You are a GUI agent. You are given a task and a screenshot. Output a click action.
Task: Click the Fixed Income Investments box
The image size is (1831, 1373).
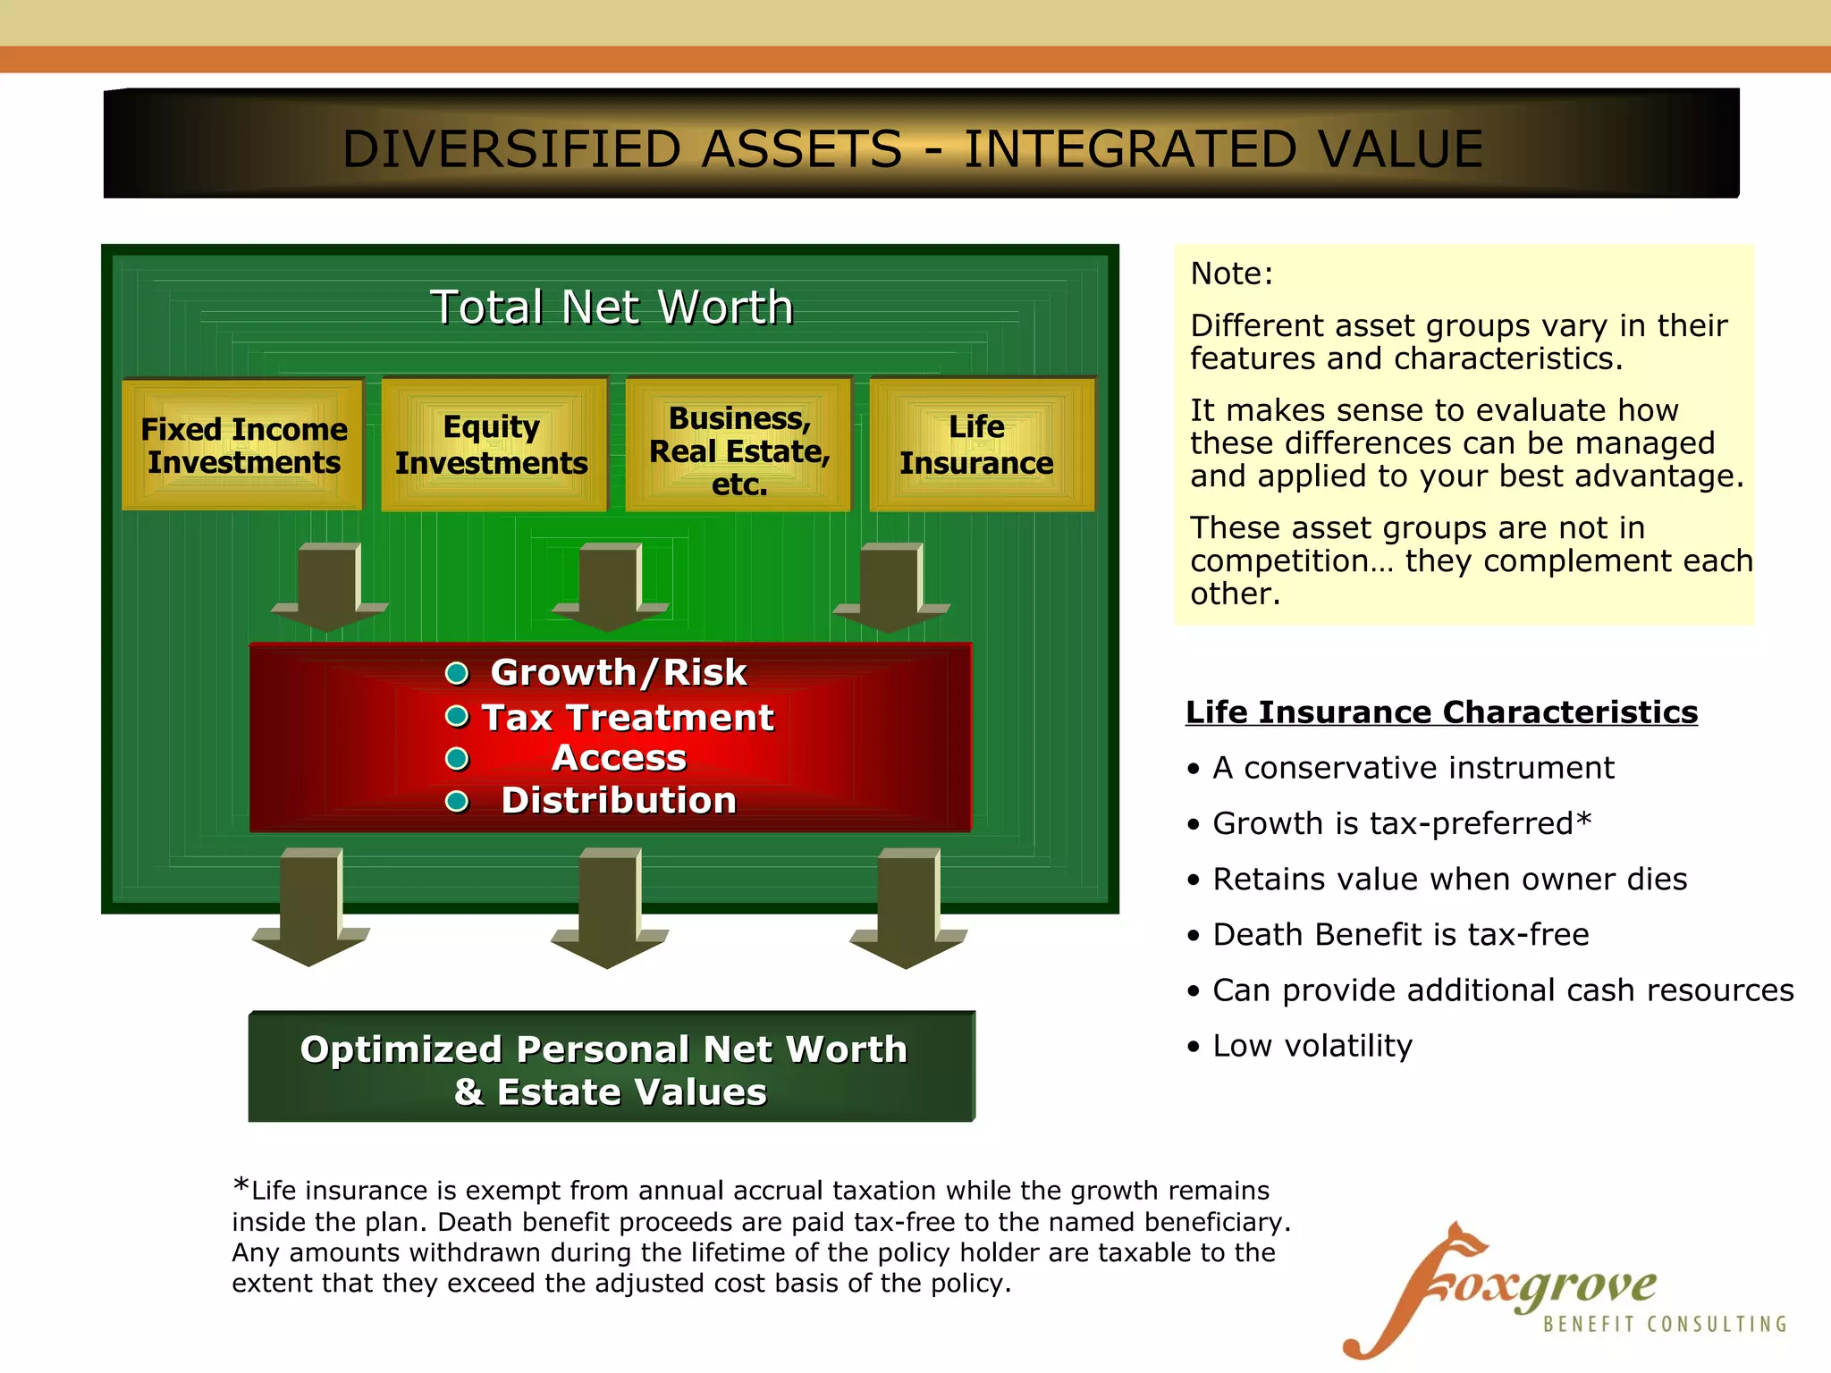pos(243,445)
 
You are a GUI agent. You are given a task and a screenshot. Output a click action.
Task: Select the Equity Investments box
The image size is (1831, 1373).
pos(493,445)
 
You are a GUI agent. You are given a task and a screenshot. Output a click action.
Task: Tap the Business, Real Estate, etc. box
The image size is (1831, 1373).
pos(739,445)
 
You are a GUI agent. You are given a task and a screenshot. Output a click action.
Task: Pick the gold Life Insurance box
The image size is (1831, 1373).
pos(980,445)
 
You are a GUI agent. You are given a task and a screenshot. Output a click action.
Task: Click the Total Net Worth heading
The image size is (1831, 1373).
pos(612,307)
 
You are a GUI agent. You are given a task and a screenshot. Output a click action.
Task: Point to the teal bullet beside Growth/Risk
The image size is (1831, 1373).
pos(457,673)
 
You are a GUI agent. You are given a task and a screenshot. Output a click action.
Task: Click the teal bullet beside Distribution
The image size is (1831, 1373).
pos(457,801)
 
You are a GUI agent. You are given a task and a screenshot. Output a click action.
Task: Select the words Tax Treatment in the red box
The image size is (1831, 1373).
pos(628,718)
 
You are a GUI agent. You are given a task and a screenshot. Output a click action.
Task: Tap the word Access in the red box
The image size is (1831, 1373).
pos(619,758)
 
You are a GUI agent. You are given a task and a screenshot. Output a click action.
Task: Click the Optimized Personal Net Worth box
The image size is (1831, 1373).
pos(611,1067)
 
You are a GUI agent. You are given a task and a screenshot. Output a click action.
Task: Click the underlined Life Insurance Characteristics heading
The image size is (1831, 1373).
pos(1440,712)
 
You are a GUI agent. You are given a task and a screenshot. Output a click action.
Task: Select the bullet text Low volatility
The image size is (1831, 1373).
pos(1312,1046)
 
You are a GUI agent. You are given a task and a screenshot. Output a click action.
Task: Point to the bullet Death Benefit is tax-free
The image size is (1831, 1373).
pos(1400,935)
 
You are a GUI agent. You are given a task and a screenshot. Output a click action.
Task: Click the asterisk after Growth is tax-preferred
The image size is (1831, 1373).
pos(1583,819)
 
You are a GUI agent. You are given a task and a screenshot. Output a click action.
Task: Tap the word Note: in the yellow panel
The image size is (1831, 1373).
pos(1231,274)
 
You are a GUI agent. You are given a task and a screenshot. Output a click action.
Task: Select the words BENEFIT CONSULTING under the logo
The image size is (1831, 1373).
pos(1665,1324)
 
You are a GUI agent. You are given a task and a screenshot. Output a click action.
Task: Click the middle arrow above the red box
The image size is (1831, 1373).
pos(610,585)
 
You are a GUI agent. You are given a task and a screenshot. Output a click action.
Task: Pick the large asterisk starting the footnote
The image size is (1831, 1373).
pos(240,1185)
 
